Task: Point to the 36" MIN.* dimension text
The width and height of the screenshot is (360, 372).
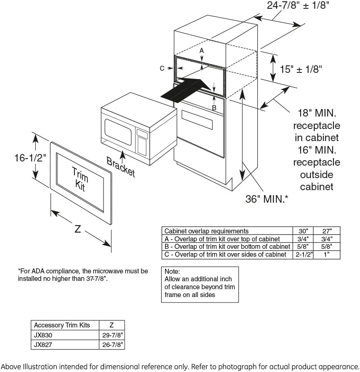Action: tap(266, 199)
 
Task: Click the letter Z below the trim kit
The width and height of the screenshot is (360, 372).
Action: tap(77, 229)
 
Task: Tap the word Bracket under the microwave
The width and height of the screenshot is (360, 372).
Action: tap(121, 166)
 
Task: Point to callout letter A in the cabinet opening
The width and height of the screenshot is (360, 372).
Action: tap(202, 50)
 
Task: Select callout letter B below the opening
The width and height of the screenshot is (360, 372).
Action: tap(214, 108)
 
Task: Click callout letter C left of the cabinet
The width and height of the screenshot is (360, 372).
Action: tap(162, 68)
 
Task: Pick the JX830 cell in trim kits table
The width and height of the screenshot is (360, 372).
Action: tap(43, 334)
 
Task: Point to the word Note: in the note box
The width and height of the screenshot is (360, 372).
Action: tap(172, 271)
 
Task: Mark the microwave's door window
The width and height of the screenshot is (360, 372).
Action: tap(118, 132)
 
